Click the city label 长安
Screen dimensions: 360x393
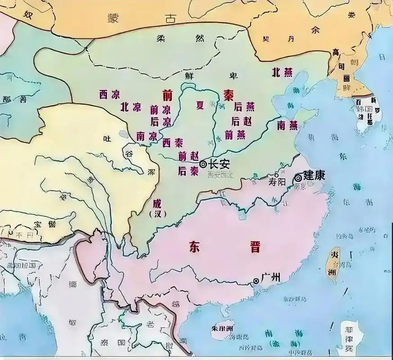(219, 165)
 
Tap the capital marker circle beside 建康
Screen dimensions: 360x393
(298, 178)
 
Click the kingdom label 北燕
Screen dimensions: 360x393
(282, 72)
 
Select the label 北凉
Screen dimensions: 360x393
(130, 107)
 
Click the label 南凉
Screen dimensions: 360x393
(146, 135)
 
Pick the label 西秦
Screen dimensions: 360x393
(173, 143)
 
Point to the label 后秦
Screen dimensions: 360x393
(188, 171)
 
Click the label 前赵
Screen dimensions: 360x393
(188, 156)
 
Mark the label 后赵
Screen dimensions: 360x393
(241, 121)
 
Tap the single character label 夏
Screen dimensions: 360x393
(200, 105)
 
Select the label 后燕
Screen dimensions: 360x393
(245, 107)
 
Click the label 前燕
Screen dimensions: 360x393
(235, 134)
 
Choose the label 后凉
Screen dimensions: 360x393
(161, 121)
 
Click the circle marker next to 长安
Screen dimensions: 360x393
(204, 165)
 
